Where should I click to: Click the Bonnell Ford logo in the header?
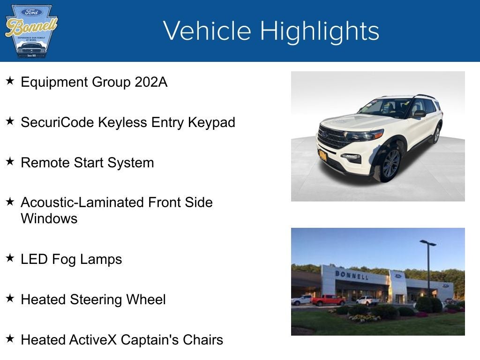[x=31, y=31]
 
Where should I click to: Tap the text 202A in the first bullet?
[x=151, y=82]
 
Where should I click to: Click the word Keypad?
[x=211, y=122]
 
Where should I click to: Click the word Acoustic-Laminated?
[x=82, y=202]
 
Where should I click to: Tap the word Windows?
[x=49, y=218]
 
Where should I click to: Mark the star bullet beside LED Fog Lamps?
[x=10, y=258]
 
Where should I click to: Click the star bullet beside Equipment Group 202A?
[x=10, y=81]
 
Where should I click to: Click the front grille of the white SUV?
[x=333, y=137]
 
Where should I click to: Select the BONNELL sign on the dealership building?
[x=351, y=275]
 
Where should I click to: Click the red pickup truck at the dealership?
[x=328, y=300]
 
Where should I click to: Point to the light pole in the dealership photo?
[x=428, y=267]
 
